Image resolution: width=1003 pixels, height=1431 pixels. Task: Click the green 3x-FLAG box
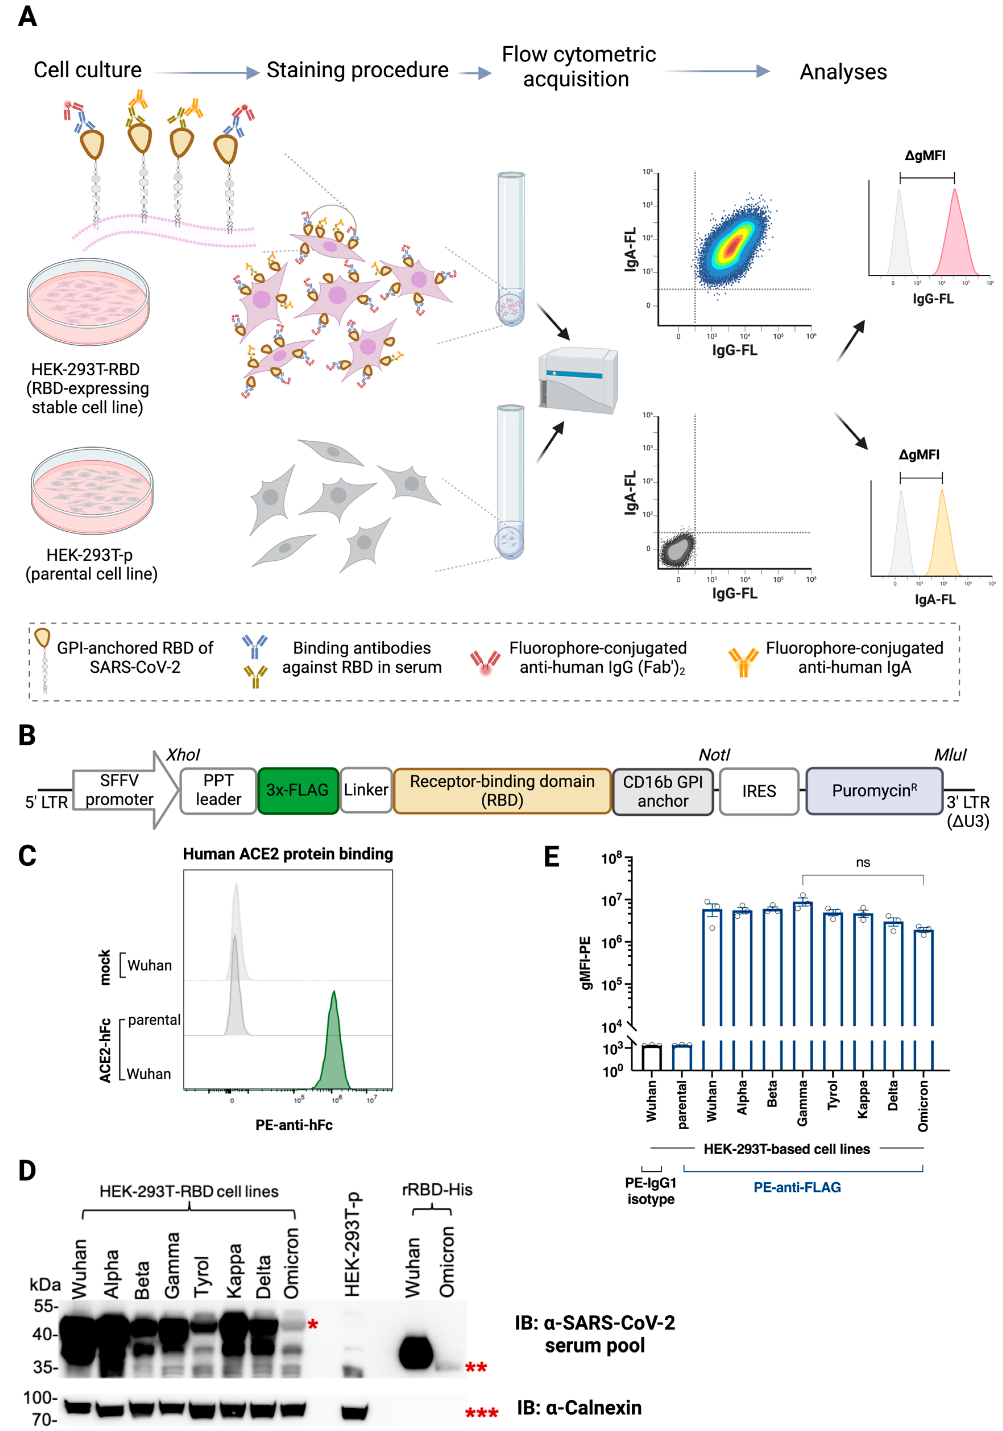[297, 790]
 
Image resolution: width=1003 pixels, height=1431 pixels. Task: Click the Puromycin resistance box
[874, 791]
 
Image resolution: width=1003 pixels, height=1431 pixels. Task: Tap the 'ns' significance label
[863, 863]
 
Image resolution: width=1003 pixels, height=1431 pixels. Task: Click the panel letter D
[27, 1171]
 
